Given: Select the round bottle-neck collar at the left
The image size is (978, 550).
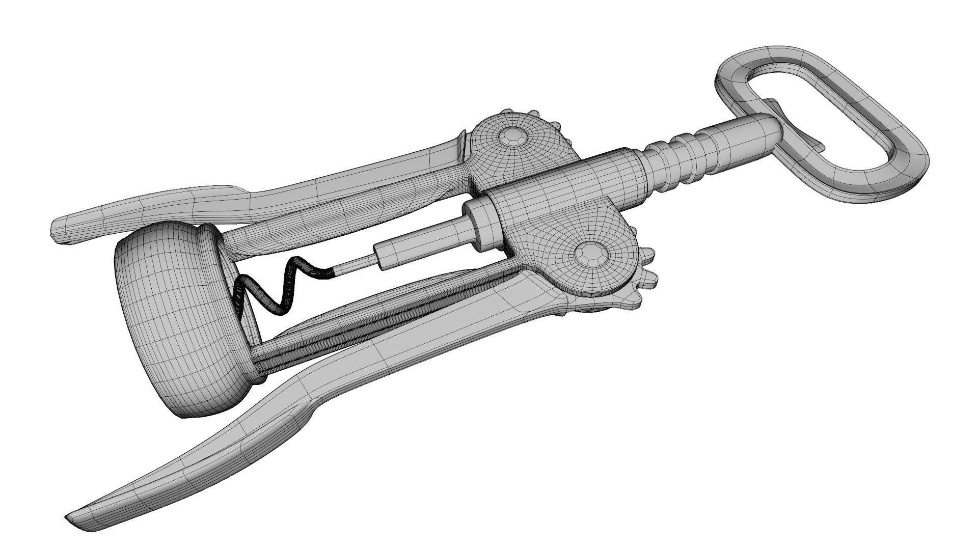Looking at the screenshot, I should (x=173, y=306).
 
